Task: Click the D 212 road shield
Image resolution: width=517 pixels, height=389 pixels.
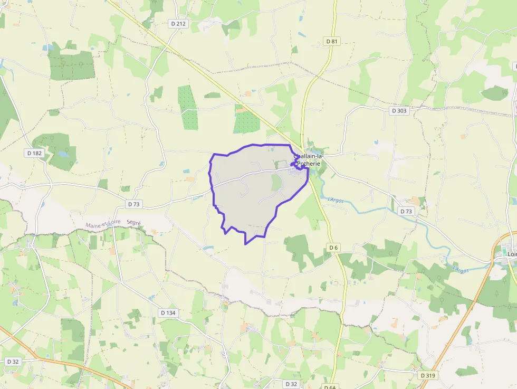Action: [178, 23]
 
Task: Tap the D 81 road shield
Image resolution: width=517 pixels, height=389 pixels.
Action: [331, 41]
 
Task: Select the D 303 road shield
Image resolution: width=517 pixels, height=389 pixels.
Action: [399, 111]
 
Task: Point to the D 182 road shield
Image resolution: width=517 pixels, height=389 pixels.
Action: [34, 153]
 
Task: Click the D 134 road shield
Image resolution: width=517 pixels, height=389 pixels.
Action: [167, 313]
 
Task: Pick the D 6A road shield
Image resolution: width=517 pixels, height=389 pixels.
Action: [329, 387]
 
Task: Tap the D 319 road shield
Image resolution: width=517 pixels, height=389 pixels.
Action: [428, 375]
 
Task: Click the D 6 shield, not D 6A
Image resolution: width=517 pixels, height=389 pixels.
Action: [333, 247]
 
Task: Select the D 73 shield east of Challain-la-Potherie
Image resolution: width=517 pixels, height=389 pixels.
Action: [406, 211]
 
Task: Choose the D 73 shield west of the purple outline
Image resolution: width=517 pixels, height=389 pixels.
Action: [134, 204]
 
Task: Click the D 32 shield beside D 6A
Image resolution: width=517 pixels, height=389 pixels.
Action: [291, 384]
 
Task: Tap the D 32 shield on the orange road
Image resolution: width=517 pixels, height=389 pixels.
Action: [13, 362]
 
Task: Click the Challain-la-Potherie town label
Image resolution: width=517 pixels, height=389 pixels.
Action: [310, 160]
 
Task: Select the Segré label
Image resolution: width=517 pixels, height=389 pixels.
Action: [134, 223]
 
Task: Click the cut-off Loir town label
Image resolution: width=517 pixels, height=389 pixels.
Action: [511, 253]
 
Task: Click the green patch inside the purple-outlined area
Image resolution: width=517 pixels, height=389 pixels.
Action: [276, 183]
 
